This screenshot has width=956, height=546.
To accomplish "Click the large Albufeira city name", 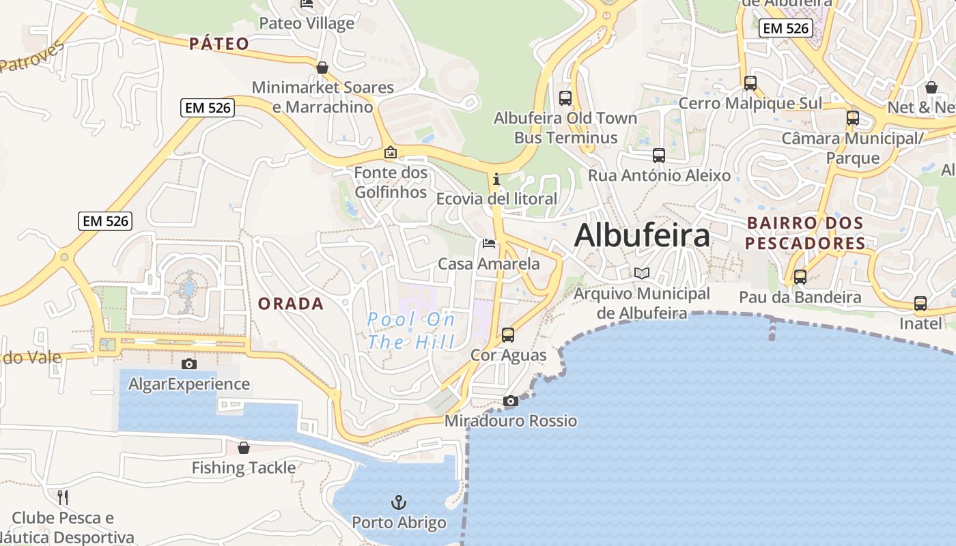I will tap(642, 236).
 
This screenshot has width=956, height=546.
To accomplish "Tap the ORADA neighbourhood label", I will tap(291, 304).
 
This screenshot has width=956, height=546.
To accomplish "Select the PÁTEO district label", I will tap(219, 44).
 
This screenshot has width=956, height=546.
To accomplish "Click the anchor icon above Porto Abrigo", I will tap(399, 503).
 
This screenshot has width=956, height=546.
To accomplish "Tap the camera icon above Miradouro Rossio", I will tap(511, 401).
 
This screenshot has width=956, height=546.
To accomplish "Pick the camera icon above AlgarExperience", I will tap(189, 364).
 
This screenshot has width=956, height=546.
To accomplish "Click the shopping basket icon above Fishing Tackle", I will tap(244, 448).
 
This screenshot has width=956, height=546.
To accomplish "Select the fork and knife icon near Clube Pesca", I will tap(63, 497).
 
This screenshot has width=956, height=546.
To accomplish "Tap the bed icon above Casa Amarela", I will tap(489, 244).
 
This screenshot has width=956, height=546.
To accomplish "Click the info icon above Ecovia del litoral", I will tap(496, 179).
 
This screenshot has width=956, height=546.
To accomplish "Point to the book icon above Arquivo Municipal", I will tap(642, 274).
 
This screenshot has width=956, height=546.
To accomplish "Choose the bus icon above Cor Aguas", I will tap(508, 335).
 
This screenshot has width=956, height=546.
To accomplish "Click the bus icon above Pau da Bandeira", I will tap(800, 278).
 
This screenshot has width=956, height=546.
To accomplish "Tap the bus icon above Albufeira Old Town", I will tap(565, 98).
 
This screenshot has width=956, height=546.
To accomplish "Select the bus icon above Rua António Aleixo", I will tap(659, 156).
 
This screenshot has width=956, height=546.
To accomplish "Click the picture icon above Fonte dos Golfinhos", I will tap(391, 152).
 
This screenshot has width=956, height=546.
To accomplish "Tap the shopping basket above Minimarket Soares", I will tap(322, 68).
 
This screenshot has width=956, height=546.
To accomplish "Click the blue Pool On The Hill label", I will tap(412, 330).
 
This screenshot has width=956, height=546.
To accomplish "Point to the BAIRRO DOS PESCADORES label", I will tap(805, 233).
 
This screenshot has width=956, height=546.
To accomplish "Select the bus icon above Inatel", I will tap(920, 304).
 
